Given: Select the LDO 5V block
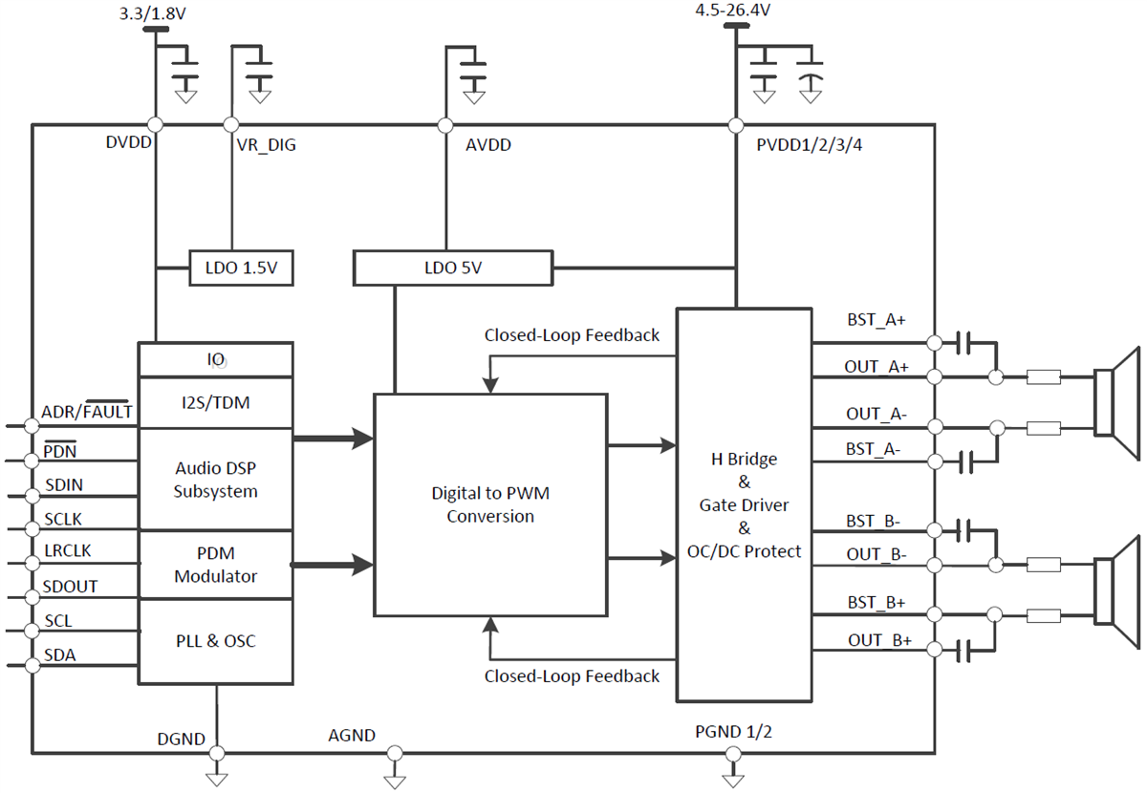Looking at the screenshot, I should click(x=452, y=268).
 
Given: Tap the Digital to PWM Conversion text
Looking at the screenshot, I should click(x=490, y=504).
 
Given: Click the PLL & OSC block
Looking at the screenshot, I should click(x=215, y=641).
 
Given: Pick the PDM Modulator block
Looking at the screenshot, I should click(x=215, y=565).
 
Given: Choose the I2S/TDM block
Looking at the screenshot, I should click(x=215, y=402).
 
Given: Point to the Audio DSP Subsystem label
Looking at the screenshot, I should click(x=215, y=480).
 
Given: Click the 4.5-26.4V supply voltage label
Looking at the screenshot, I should click(x=733, y=11).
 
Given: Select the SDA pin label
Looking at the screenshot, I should click(x=60, y=655).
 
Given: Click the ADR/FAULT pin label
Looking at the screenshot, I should click(x=87, y=413).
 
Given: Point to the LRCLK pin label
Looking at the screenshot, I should click(x=67, y=551).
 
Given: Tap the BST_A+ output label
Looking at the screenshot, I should click(x=876, y=320).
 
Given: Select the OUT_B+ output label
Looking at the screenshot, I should click(x=878, y=639).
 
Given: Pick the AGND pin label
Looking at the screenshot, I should click(x=352, y=735).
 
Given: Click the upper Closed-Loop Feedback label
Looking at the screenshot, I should click(x=572, y=334).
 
